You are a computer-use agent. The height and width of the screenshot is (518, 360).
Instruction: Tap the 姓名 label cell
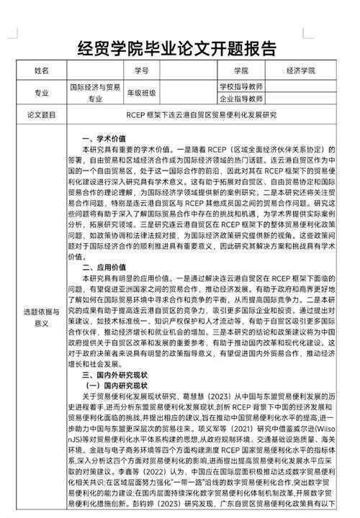(41, 71)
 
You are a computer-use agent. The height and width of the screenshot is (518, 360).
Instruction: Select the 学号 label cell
(140, 71)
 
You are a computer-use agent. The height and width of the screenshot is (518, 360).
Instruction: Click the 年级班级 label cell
(141, 93)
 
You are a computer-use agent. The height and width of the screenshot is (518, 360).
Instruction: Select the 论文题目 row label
(41, 114)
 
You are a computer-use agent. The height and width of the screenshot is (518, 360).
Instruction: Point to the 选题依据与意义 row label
(41, 317)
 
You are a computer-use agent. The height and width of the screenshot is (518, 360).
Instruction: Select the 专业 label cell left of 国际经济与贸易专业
(41, 93)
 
